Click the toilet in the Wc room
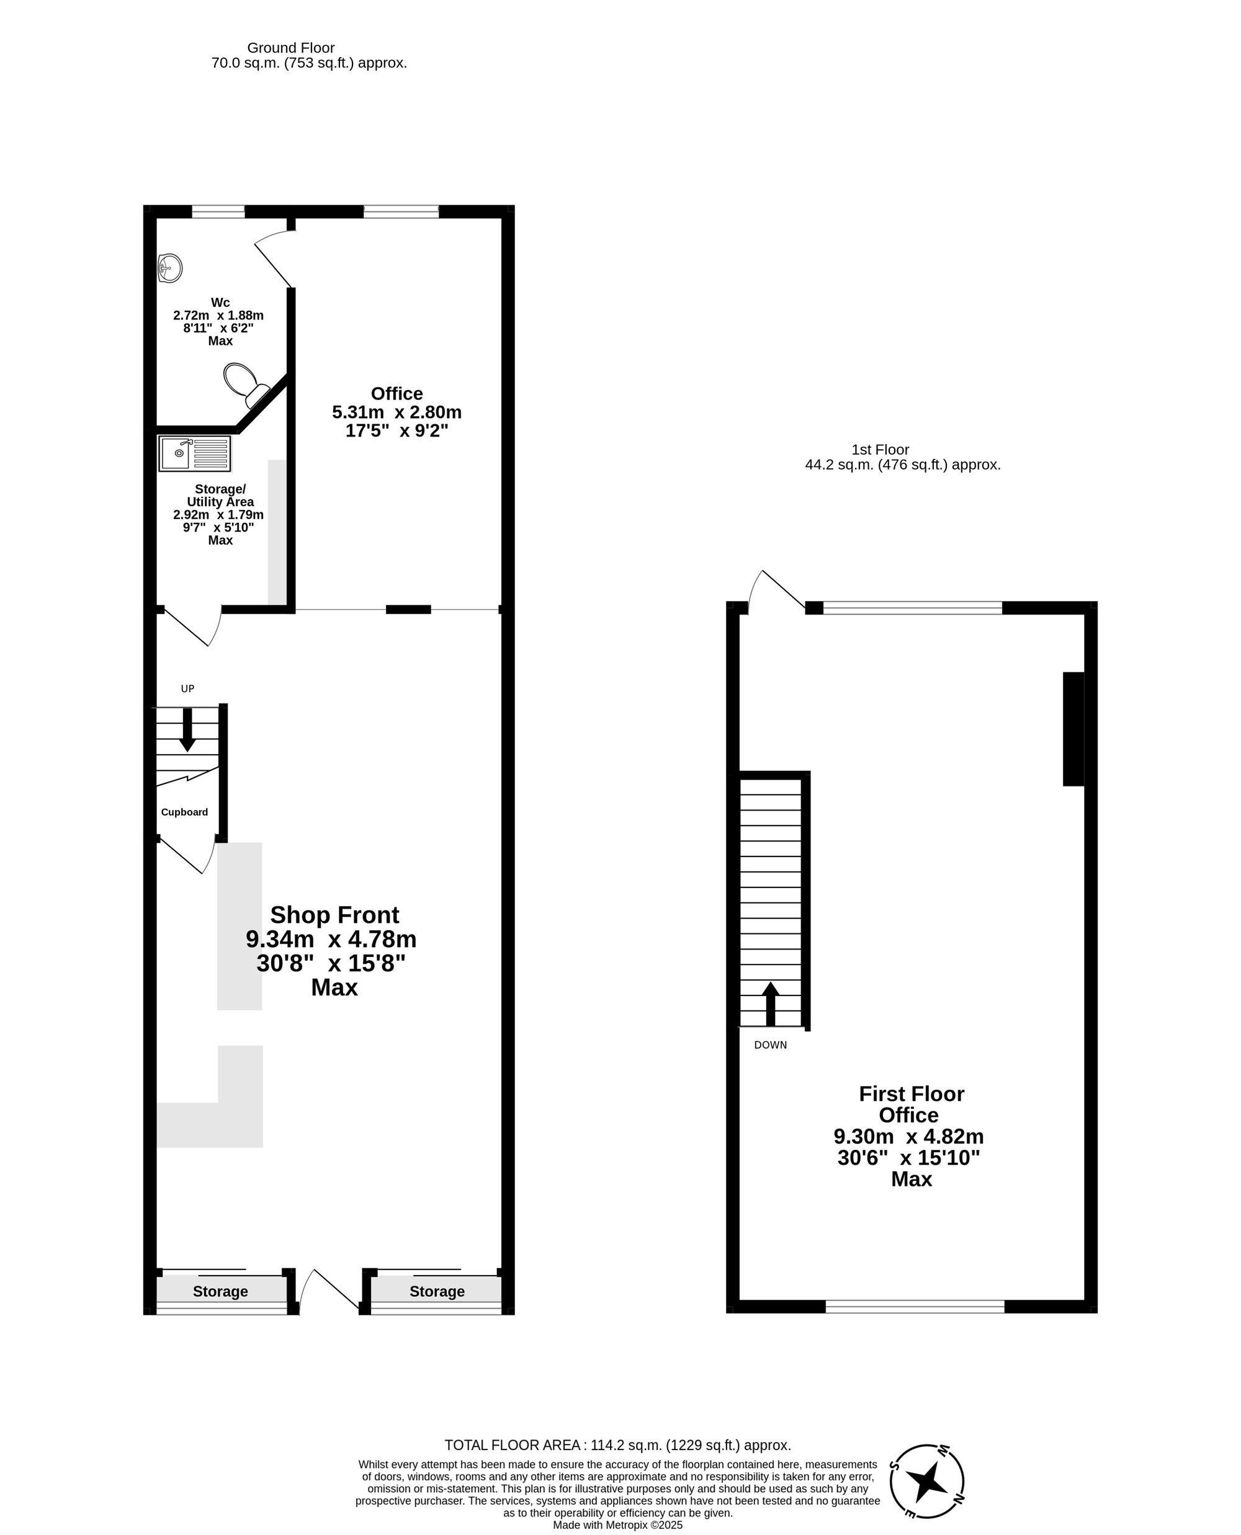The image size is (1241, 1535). coord(244,382)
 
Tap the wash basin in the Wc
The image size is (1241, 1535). coord(170,269)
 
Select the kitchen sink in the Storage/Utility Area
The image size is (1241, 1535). coord(194,453)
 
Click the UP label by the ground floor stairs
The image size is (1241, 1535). coord(187,689)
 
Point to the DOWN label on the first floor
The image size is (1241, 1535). coord(770,1045)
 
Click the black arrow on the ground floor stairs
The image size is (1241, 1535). coord(187,729)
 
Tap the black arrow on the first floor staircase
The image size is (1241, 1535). coord(770,1003)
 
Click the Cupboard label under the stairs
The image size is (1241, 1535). coord(184,812)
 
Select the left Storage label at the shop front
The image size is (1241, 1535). coord(220,1291)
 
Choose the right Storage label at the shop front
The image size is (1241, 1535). coord(437,1291)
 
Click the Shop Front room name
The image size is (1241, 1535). coord(334,915)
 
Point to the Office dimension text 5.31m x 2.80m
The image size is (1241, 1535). coord(396,412)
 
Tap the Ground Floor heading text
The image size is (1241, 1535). coord(291,48)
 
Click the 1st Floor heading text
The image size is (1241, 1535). coord(880,450)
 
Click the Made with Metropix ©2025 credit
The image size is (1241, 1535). coord(617,1525)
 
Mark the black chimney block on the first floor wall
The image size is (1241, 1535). coord(1073,729)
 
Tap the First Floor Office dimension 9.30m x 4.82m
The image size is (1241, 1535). coord(908,1136)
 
